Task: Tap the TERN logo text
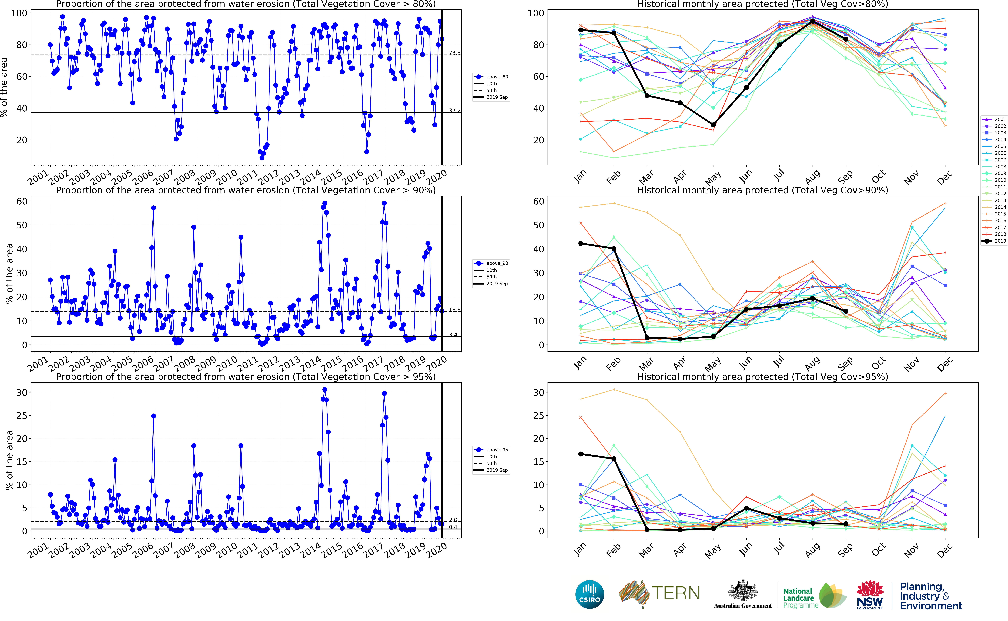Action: coord(676,593)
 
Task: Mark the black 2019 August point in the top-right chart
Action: coord(812,21)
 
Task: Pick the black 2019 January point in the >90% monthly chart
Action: coord(580,244)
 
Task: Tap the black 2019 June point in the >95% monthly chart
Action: coord(746,508)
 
